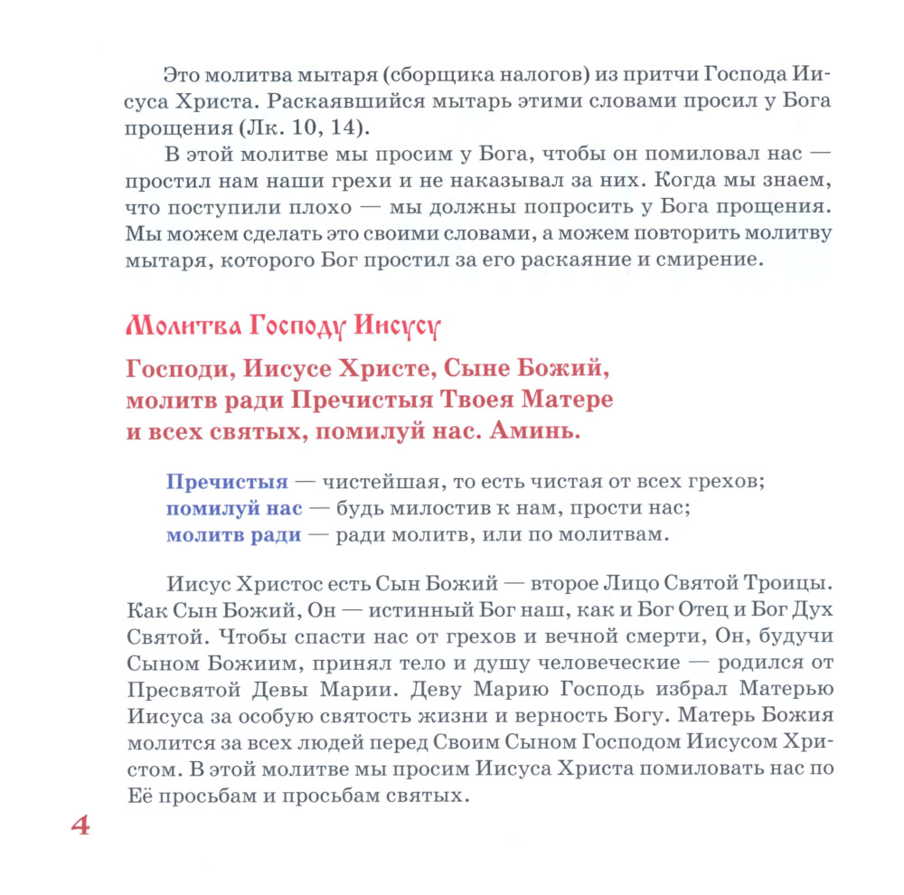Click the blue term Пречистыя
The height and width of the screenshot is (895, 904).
tap(227, 482)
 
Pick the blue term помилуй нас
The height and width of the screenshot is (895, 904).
tap(234, 508)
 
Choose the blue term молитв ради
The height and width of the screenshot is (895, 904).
tap(233, 534)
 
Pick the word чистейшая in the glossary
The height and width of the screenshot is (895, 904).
tap(379, 482)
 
